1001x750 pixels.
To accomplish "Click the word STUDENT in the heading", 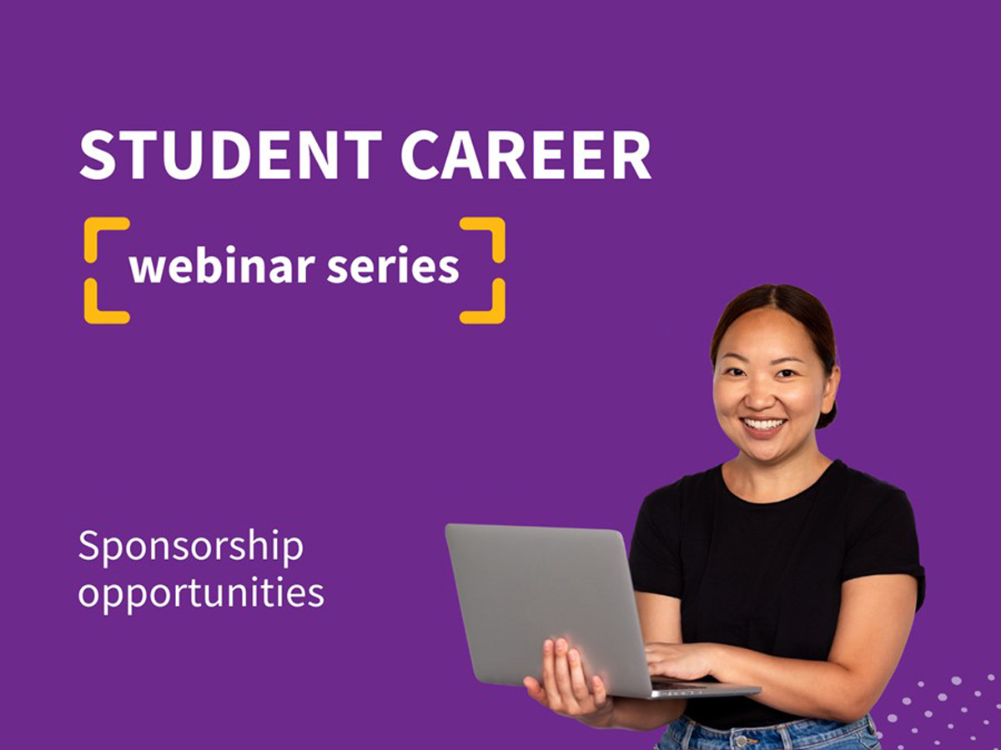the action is tap(231, 155).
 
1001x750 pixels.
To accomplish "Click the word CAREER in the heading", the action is tap(526, 155).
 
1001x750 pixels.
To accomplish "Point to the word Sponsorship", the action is tap(191, 547).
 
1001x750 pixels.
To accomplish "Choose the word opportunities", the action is tap(201, 594).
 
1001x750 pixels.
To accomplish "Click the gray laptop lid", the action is tap(543, 601).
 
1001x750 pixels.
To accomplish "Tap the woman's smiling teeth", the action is tap(764, 424).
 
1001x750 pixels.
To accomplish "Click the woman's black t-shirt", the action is tap(775, 569).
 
